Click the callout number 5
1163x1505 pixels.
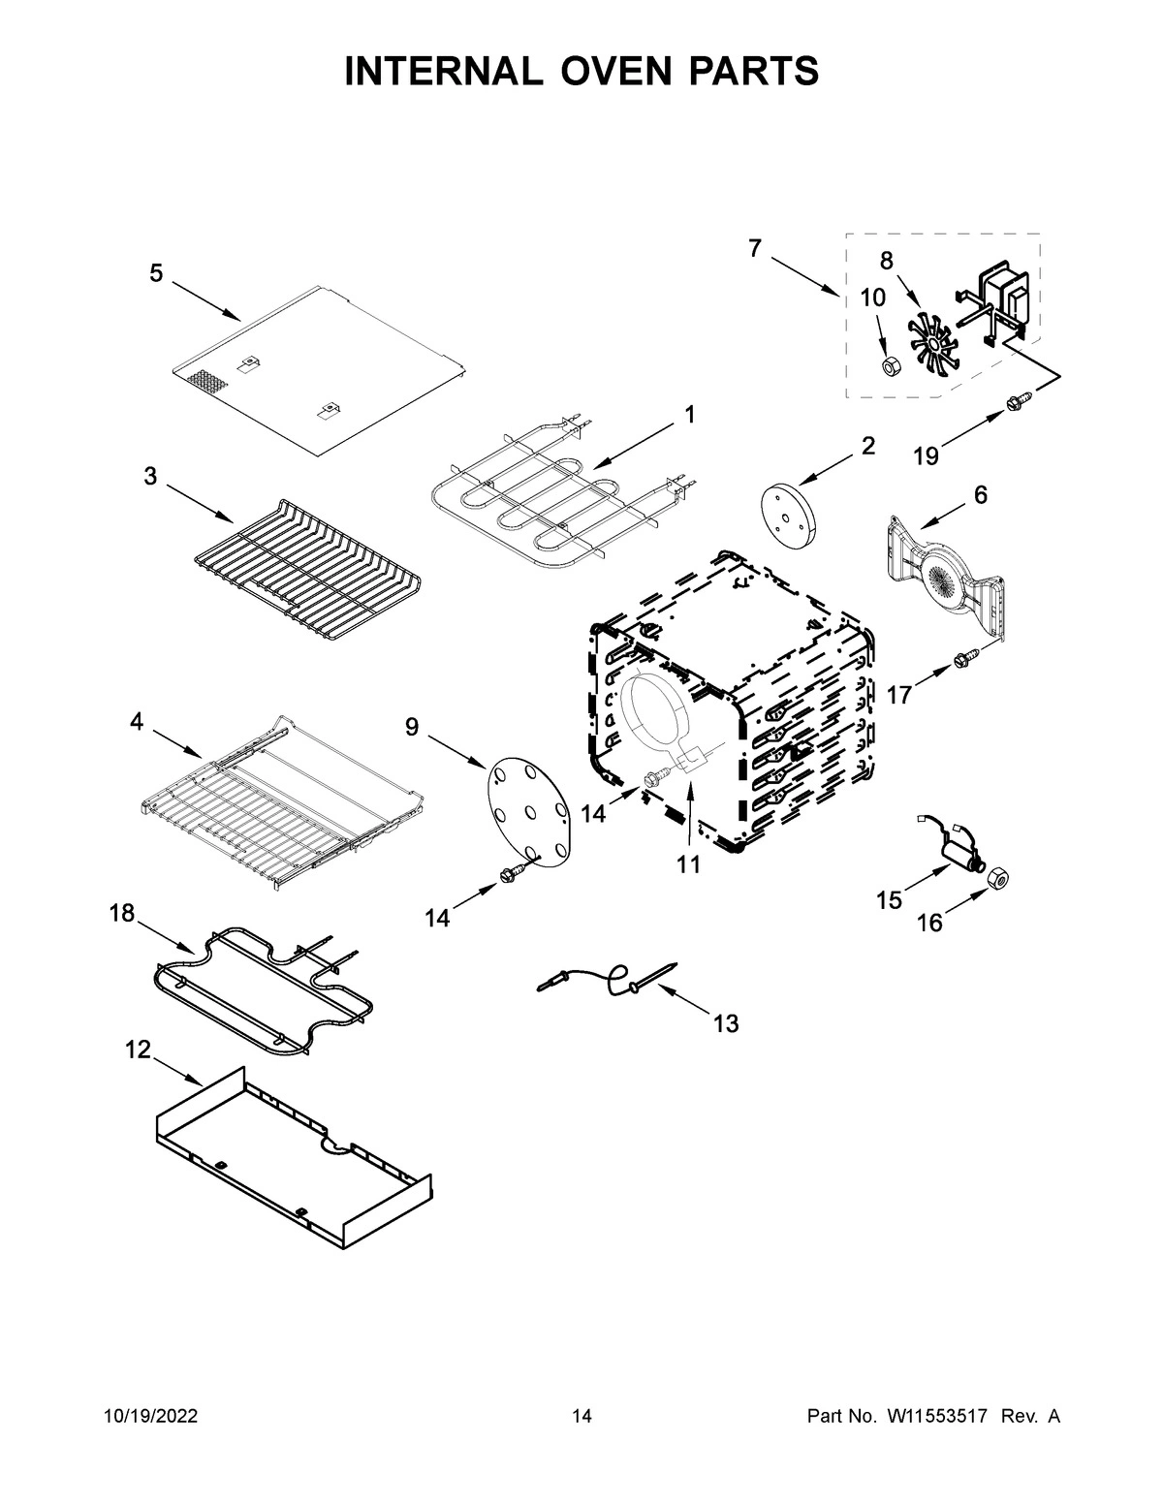point(156,274)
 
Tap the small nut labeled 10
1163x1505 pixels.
point(888,365)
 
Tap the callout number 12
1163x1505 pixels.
point(139,1050)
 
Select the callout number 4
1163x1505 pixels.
point(137,721)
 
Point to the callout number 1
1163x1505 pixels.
point(689,415)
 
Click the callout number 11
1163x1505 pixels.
point(688,864)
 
